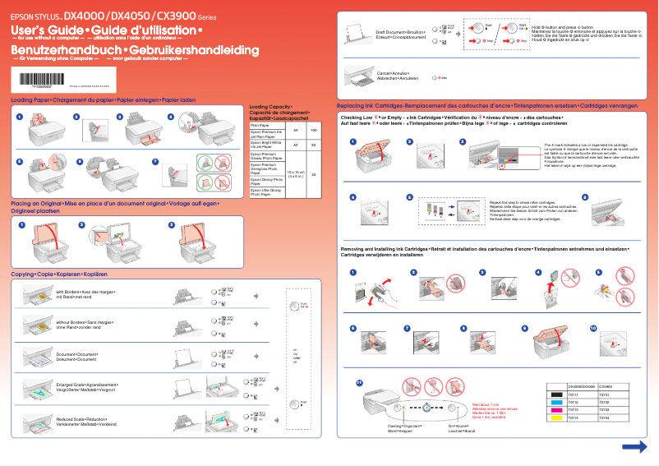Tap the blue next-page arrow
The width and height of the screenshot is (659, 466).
(634, 446)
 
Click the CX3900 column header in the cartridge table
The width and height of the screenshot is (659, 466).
(606, 385)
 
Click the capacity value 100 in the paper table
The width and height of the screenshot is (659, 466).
(314, 131)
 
